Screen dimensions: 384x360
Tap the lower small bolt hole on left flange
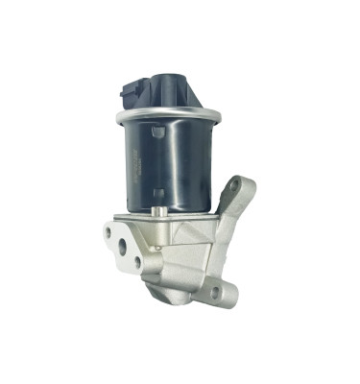pyautogui.click(x=137, y=263)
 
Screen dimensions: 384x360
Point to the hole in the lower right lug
pyautogui.click(x=215, y=290)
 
